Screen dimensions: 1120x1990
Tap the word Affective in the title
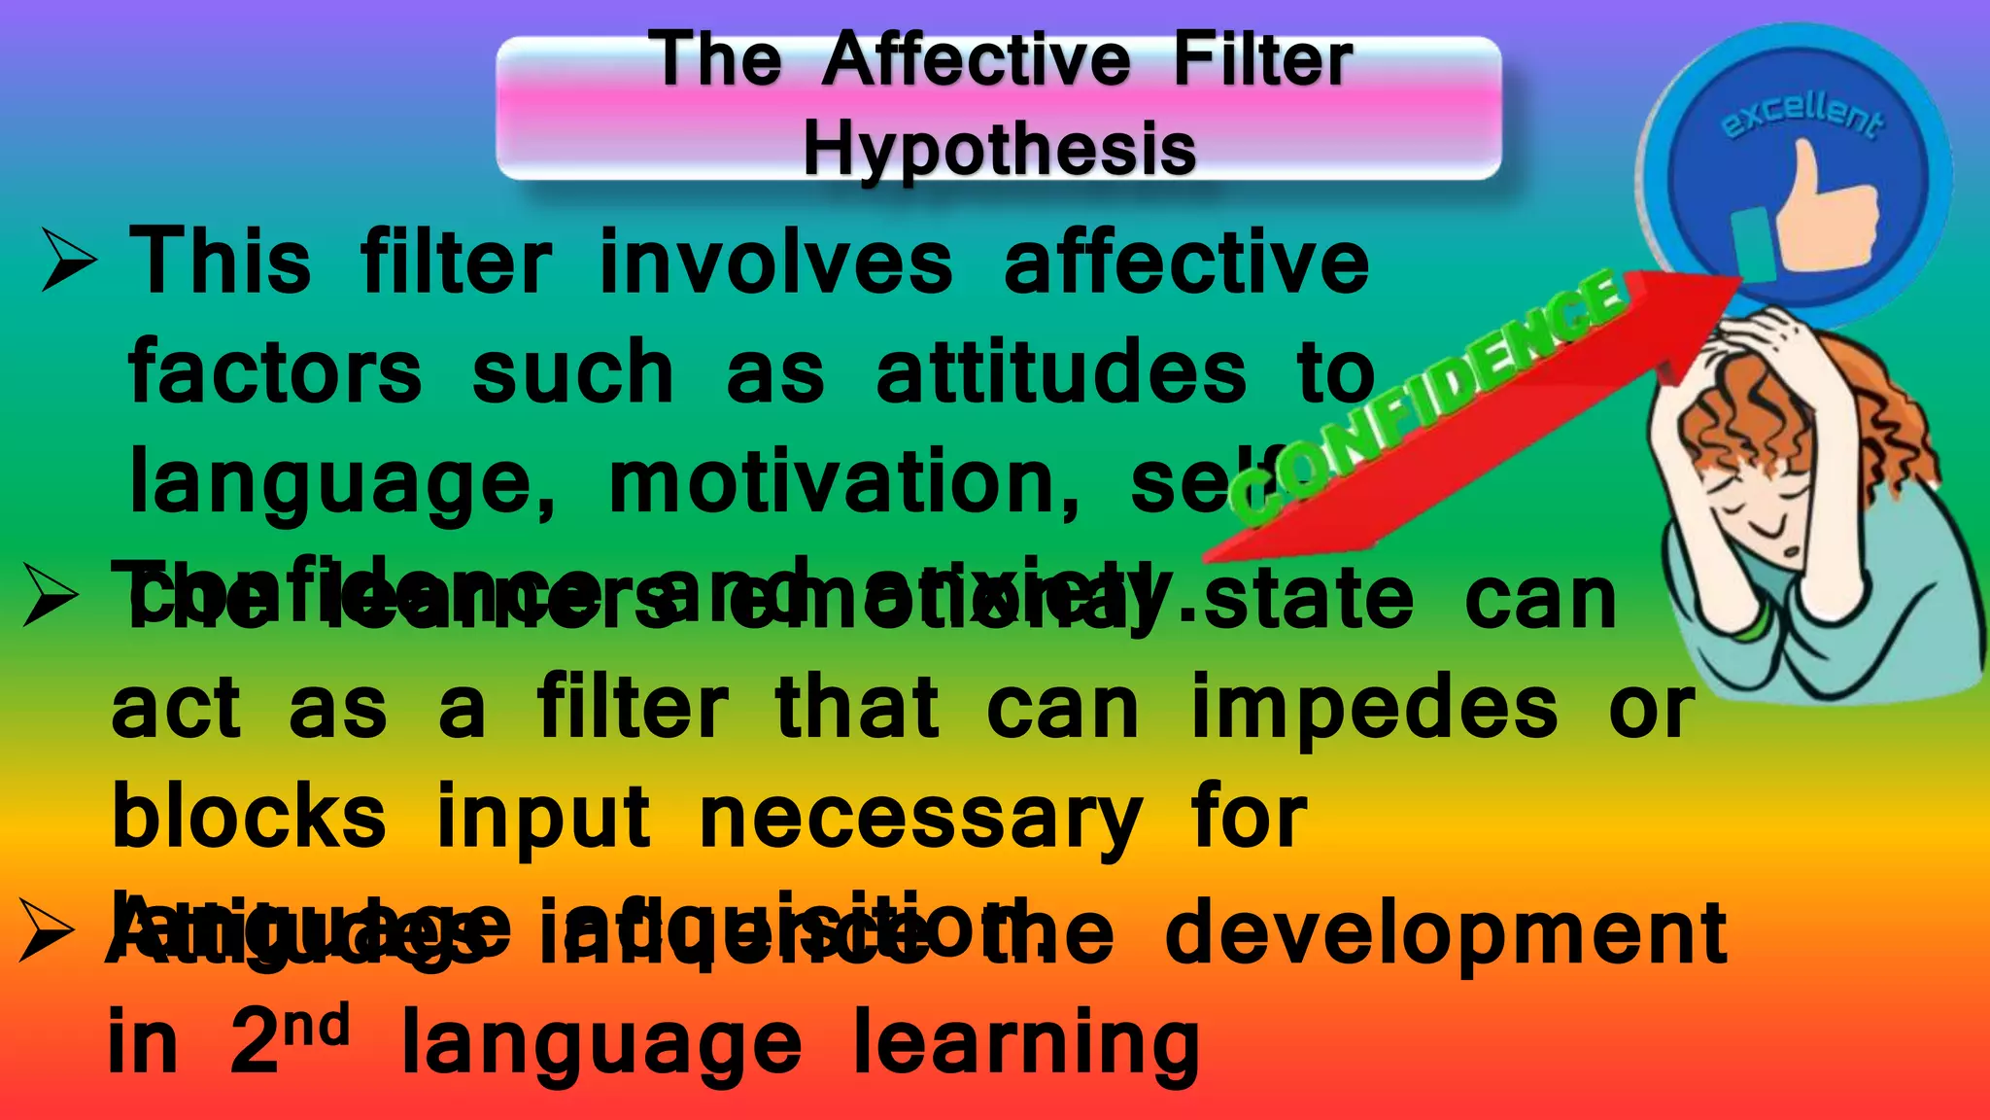(x=976, y=60)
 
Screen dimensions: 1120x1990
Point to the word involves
(x=776, y=262)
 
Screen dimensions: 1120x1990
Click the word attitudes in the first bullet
(x=1060, y=373)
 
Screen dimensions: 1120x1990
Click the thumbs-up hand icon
(x=1822, y=209)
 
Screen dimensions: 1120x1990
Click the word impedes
(x=1374, y=708)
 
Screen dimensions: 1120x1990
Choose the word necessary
(x=920, y=819)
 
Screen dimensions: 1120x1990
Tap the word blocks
(x=249, y=817)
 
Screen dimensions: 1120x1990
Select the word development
(x=1445, y=933)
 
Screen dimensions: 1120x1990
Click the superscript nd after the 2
(x=321, y=1026)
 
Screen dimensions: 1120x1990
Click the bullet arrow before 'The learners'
(x=51, y=595)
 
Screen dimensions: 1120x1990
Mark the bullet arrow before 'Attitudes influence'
(x=47, y=929)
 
